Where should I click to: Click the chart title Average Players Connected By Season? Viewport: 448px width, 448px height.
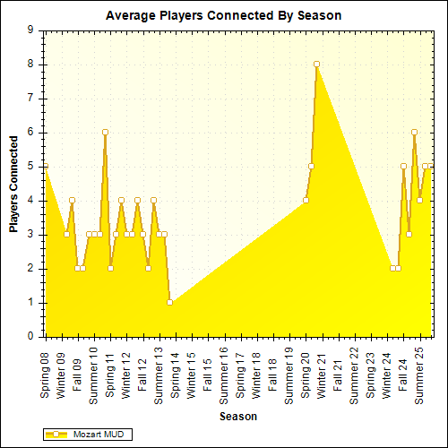pyautogui.click(x=223, y=16)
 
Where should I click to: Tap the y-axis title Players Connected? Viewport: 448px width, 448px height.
pyautogui.click(x=14, y=184)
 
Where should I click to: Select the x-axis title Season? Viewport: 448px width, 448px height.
pyautogui.click(x=240, y=417)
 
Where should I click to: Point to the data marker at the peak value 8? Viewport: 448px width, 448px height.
pyautogui.click(x=316, y=65)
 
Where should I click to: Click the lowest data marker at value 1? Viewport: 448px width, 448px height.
pyautogui.click(x=169, y=303)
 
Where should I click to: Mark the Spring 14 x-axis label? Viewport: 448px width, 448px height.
pyautogui.click(x=175, y=370)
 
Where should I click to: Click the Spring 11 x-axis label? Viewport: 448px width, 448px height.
pyautogui.click(x=110, y=370)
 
